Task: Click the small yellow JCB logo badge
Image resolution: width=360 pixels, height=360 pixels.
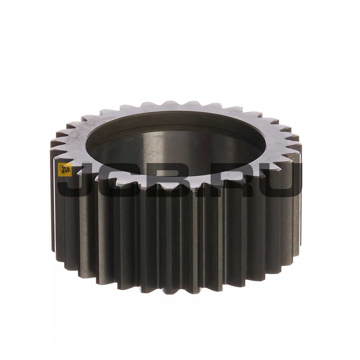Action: click(x=64, y=170)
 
